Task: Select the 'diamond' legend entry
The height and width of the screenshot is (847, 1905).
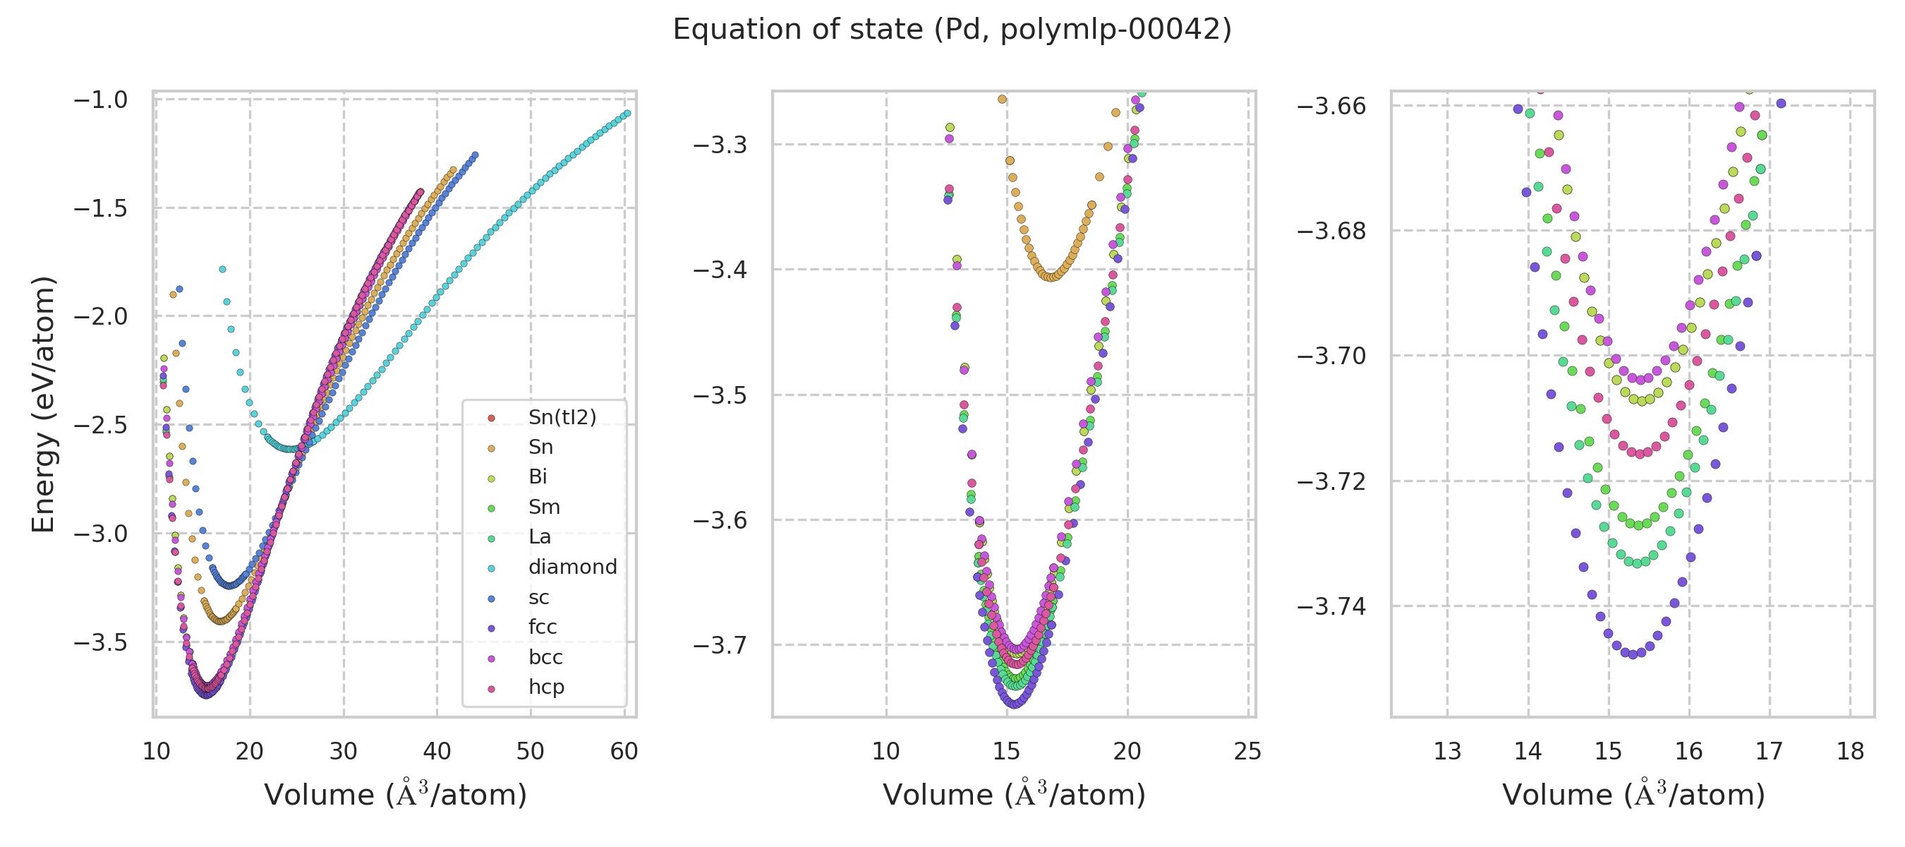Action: (572, 567)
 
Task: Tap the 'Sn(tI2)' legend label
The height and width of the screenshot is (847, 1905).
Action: (562, 417)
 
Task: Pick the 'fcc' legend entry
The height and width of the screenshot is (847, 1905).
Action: (542, 627)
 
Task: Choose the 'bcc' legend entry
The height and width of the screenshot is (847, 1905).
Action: (545, 657)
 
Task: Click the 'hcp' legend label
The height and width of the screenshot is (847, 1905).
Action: (546, 687)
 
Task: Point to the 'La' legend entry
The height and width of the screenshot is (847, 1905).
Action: (539, 536)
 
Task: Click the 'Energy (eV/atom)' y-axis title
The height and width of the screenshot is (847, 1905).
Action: (43, 404)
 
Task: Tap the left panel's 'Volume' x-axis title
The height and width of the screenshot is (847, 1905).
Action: (395, 795)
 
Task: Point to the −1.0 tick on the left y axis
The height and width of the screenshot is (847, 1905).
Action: (101, 99)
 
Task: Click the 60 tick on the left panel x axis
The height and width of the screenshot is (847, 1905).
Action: (624, 752)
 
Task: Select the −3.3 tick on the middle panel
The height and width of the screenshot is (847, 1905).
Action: (720, 144)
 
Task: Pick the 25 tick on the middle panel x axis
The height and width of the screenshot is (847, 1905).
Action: (1247, 752)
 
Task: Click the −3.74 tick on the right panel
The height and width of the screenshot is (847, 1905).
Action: (1331, 606)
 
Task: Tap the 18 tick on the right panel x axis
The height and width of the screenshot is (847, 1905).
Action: (1850, 752)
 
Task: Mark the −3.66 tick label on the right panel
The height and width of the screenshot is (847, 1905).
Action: (1331, 106)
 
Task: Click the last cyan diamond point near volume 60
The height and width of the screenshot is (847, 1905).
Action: (627, 113)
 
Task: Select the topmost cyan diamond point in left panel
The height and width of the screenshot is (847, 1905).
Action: (222, 269)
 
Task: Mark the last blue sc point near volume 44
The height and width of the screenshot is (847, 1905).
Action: (475, 155)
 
